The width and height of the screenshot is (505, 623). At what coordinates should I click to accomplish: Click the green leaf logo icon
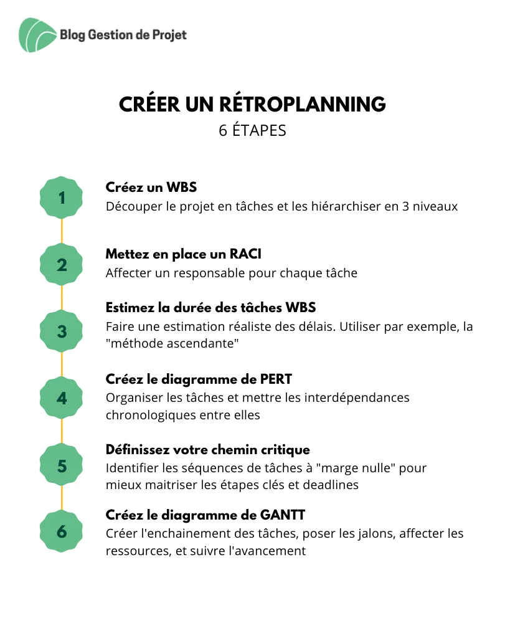coord(37,35)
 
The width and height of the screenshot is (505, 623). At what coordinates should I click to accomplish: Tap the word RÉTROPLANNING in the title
coord(302,104)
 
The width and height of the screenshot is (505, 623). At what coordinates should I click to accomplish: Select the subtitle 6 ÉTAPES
coord(252,130)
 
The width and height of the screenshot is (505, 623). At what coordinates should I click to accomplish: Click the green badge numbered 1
coord(61,197)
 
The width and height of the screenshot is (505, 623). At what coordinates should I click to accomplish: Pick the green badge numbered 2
coord(61,265)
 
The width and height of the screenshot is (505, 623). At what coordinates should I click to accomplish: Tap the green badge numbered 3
coord(61,331)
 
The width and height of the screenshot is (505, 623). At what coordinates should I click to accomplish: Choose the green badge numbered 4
coord(61,398)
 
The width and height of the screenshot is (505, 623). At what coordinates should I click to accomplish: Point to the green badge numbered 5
coord(61,465)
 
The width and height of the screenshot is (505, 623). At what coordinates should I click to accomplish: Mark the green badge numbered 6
coord(61,531)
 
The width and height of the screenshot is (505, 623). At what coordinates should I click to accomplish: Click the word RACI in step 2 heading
coord(245,254)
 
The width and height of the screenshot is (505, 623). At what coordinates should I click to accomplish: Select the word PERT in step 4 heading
coord(276,379)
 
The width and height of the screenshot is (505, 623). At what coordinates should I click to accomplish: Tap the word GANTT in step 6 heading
coord(283,515)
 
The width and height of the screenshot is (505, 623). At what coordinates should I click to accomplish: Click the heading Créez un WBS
coord(151,187)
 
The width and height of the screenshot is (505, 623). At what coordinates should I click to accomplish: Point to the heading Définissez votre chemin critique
coord(207,450)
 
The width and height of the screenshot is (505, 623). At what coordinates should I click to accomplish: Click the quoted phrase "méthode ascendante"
coord(172,343)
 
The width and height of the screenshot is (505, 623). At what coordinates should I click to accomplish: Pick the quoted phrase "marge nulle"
coord(356,468)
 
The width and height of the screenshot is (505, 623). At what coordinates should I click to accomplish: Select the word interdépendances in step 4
coord(357,397)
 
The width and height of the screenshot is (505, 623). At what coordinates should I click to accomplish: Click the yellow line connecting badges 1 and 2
coord(62,231)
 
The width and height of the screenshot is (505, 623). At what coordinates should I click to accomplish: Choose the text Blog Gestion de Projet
coord(123,35)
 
